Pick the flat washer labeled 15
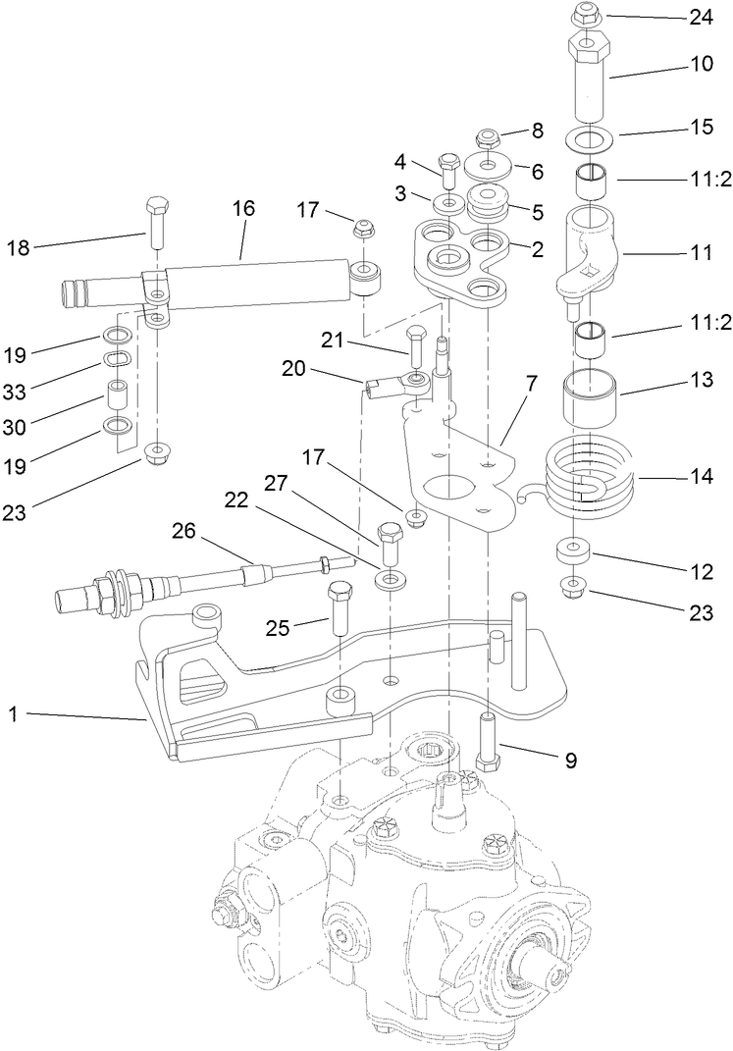[587, 137]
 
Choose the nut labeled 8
[488, 136]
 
